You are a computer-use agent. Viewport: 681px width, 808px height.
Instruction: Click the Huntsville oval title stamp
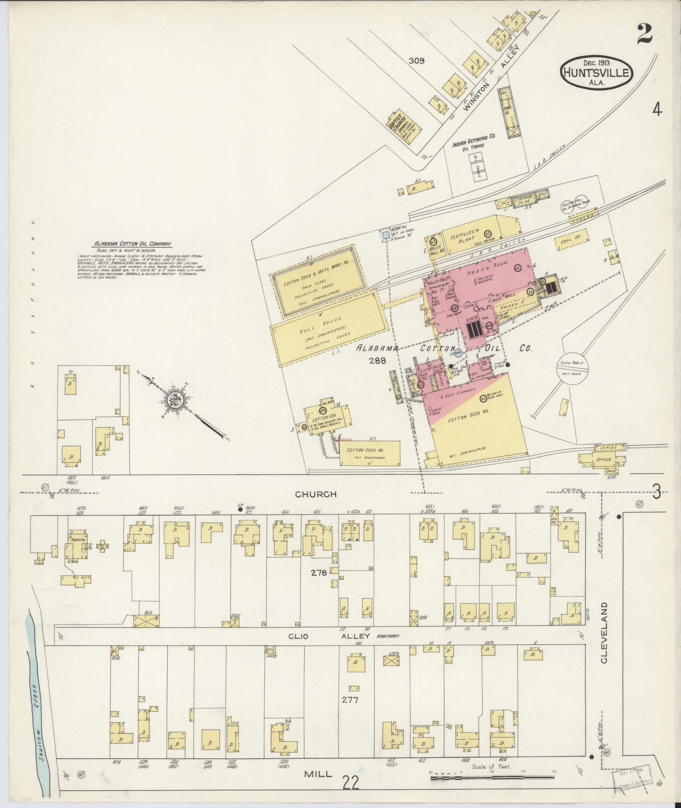point(596,73)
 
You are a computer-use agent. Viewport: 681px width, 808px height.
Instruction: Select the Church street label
point(322,494)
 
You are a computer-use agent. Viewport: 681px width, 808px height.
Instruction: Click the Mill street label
point(318,773)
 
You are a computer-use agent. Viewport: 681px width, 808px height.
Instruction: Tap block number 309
point(416,61)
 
